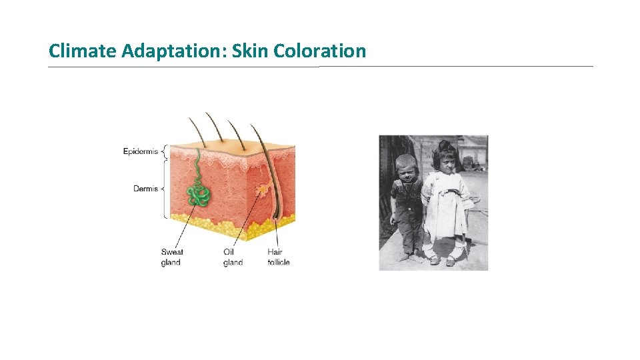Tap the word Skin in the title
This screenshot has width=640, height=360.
click(249, 51)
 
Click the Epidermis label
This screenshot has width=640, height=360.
click(141, 151)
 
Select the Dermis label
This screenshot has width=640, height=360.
click(145, 189)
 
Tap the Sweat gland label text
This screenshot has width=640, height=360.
click(172, 257)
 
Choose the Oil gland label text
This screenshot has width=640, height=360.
click(233, 257)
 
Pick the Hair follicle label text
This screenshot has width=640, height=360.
click(279, 257)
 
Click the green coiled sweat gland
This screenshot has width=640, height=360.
click(198, 193)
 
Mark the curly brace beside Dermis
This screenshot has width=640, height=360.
click(164, 189)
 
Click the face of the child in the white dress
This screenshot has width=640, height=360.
click(444, 160)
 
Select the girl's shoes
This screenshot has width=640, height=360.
click(443, 259)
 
